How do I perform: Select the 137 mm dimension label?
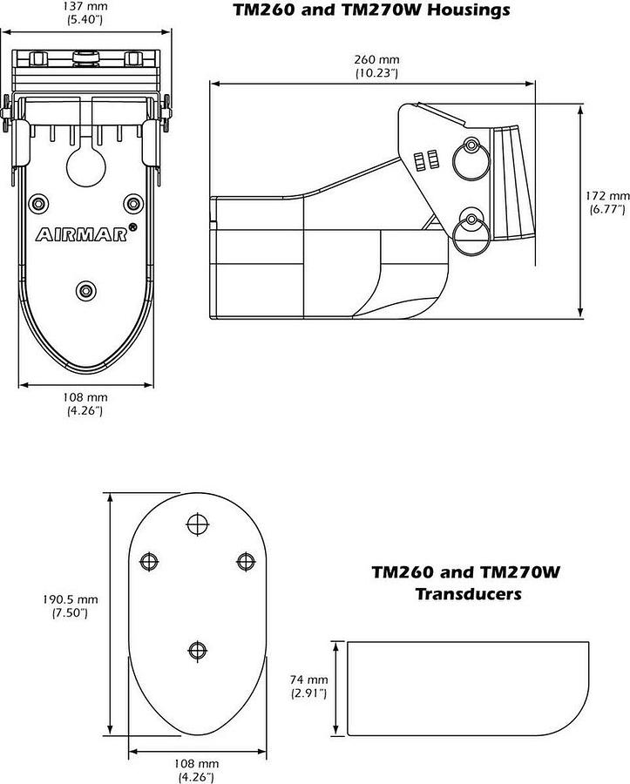point(85,5)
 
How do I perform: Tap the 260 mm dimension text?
point(376,59)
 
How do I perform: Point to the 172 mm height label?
point(607,196)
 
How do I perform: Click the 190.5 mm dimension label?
point(71,599)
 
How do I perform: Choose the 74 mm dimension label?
point(309,679)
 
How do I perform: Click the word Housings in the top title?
point(465,11)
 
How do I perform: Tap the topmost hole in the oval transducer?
point(198,524)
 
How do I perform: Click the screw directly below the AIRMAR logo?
point(85,288)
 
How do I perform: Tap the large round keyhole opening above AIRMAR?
point(85,166)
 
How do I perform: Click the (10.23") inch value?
point(376,73)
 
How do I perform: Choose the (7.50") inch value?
point(71,613)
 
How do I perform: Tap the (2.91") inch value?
point(309,693)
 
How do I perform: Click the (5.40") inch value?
point(85,18)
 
